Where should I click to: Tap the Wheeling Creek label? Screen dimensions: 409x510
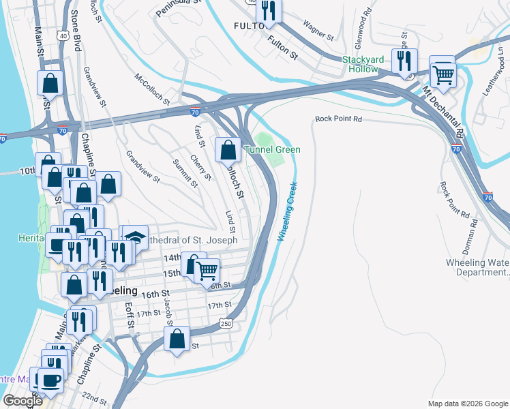(287, 211)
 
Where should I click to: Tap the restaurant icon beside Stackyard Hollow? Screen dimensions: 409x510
(404, 60)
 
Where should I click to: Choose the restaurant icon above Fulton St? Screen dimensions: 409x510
(270, 10)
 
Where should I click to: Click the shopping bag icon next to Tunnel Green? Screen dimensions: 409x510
(228, 149)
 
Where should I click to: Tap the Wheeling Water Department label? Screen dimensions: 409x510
(477, 267)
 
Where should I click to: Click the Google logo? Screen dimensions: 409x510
(22, 401)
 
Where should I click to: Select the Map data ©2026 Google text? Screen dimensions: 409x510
(467, 404)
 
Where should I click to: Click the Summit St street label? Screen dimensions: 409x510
(185, 173)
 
